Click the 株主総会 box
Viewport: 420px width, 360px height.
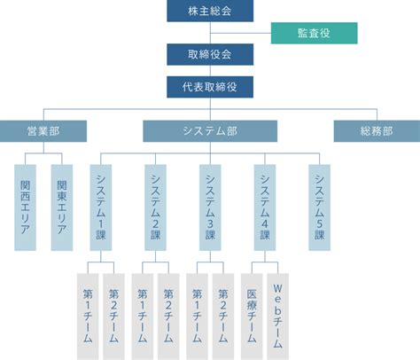[210, 11]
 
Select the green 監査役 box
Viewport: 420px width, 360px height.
[315, 33]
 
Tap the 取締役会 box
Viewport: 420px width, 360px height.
[210, 54]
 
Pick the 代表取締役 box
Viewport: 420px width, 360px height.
[210, 87]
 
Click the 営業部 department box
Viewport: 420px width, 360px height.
[43, 131]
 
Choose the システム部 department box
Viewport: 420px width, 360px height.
[210, 131]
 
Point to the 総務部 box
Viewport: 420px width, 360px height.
[377, 131]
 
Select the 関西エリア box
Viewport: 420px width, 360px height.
[25, 207]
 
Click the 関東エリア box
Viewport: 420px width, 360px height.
[62, 207]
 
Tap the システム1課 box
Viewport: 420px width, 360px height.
[101, 207]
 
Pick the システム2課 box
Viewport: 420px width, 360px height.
[155, 207]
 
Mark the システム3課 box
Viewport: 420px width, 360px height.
[210, 207]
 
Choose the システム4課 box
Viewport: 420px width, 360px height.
[265, 207]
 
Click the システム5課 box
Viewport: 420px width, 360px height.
[320, 207]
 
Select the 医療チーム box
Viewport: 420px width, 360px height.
[252, 317]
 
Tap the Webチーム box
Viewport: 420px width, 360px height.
[278, 317]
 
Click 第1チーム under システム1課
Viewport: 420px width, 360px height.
[88, 317]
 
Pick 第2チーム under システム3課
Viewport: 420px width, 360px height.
[223, 317]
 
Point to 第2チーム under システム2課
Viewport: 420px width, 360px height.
[168, 317]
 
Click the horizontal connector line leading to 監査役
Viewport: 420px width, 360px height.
[241, 33]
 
